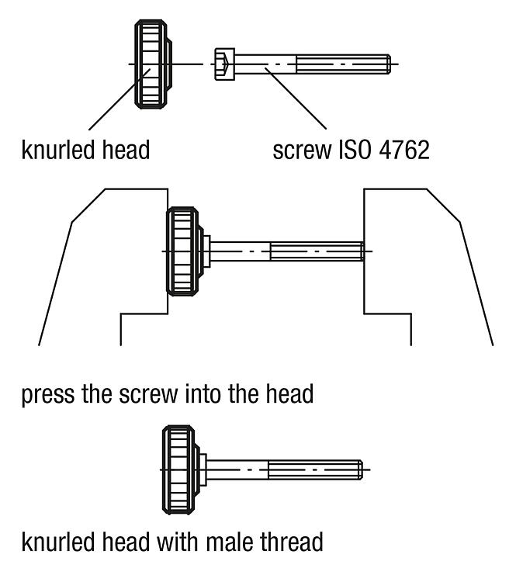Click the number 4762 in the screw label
tap(404, 150)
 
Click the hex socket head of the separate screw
tap(224, 64)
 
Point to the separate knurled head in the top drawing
tap(153, 64)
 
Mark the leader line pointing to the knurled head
tap(119, 99)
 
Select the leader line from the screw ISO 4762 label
tap(296, 99)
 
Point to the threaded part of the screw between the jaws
tap(317, 251)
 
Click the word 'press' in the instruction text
tap(48, 395)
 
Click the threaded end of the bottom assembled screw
tap(315, 470)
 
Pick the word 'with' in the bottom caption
tap(178, 542)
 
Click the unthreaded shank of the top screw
tap(265, 64)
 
